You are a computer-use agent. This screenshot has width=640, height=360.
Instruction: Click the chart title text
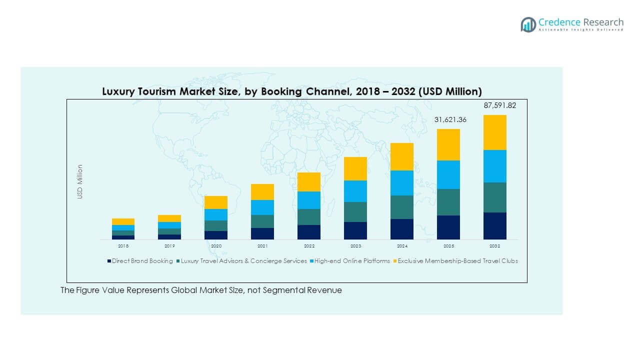(292, 91)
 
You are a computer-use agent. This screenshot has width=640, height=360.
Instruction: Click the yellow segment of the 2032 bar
(494, 132)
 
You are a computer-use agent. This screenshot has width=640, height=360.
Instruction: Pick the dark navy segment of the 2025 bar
(448, 227)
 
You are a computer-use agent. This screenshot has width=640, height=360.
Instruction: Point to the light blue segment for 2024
(402, 183)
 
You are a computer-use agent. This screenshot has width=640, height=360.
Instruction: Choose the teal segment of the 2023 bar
(355, 212)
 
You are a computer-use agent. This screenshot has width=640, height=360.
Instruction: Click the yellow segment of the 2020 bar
(216, 202)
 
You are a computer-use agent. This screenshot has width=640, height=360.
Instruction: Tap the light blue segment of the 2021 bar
(262, 207)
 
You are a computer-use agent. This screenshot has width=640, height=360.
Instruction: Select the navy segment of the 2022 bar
(309, 232)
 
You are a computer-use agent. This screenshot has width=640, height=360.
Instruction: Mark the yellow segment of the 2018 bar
(123, 221)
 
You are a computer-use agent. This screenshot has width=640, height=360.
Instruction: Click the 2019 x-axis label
(169, 246)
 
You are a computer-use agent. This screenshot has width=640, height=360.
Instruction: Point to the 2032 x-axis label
(494, 246)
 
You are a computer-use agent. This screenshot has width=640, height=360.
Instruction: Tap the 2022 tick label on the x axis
(309, 246)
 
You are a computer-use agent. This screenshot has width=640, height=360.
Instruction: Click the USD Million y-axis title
(80, 182)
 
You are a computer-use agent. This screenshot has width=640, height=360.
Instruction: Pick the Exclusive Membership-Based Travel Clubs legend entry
(457, 261)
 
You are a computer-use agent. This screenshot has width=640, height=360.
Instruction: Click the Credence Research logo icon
(528, 24)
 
